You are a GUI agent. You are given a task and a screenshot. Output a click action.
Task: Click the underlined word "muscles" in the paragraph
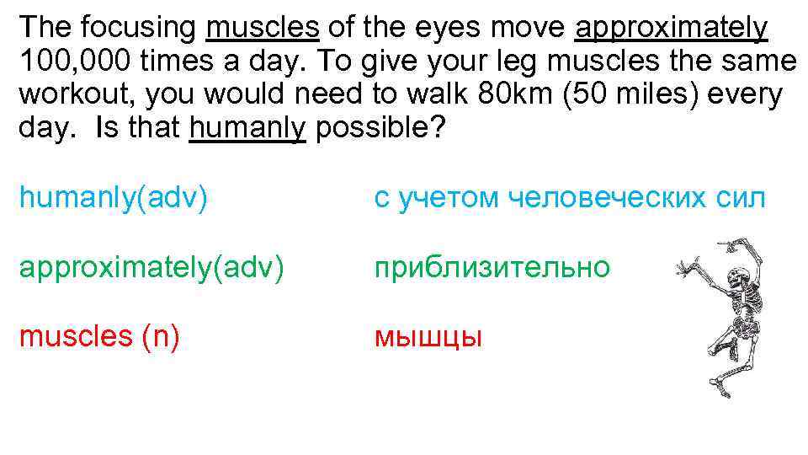coord(262,28)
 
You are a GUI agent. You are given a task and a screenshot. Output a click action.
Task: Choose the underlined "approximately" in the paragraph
coord(671,28)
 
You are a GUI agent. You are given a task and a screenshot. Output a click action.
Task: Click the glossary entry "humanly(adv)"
coord(114,198)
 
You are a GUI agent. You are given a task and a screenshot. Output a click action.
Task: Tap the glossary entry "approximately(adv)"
coord(151,267)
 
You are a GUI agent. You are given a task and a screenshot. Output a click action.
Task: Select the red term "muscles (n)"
coord(99,336)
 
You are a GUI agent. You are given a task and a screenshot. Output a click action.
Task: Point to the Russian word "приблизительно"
coord(492,267)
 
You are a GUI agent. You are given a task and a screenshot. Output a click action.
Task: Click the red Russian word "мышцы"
coord(428,337)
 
